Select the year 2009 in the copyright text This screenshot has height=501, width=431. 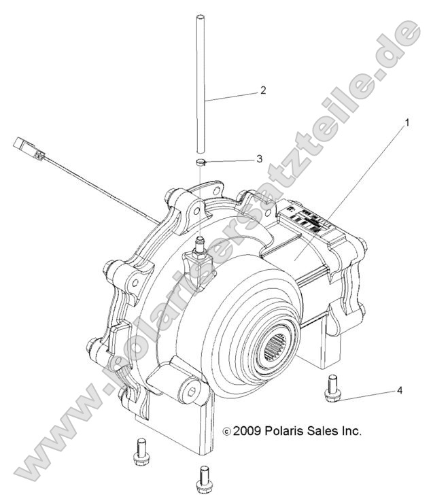point(247,431)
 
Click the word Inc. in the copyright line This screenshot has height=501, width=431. point(349,431)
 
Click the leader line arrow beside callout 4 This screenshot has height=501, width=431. point(367,394)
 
